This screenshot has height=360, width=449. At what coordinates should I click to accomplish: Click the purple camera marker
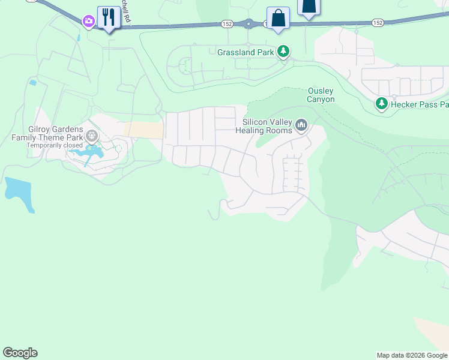point(89,21)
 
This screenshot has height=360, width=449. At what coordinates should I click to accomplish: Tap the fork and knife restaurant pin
point(109,17)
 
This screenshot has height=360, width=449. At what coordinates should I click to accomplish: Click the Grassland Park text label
point(246,52)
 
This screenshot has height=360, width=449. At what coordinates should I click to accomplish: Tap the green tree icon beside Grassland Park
point(283,52)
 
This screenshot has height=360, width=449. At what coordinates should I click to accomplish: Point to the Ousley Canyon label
point(321,95)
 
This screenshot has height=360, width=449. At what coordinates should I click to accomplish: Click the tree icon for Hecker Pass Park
point(381,104)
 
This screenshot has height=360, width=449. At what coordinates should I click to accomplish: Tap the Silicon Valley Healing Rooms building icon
point(301,125)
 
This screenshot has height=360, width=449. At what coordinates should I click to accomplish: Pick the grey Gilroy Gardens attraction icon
point(91,136)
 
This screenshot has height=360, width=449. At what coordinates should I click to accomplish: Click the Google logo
point(20,353)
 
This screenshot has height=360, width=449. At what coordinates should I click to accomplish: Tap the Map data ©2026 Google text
point(412,355)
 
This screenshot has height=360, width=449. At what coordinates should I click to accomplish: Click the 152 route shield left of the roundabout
point(227,23)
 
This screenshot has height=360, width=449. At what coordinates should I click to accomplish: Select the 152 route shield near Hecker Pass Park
point(377,23)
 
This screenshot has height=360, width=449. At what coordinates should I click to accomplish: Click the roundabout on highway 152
point(248,24)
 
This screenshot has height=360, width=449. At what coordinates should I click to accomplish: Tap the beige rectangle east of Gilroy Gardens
point(143,130)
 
